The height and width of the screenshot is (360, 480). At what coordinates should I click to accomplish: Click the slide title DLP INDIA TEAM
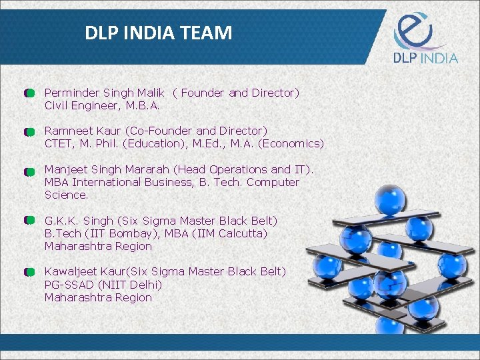click(x=159, y=33)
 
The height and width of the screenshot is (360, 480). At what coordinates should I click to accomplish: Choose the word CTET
click(x=59, y=143)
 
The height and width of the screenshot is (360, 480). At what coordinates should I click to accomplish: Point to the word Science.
click(x=66, y=195)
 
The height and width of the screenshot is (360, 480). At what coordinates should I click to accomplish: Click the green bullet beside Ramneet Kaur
click(x=29, y=132)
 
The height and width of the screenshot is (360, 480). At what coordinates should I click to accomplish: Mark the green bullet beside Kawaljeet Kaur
click(x=29, y=273)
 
